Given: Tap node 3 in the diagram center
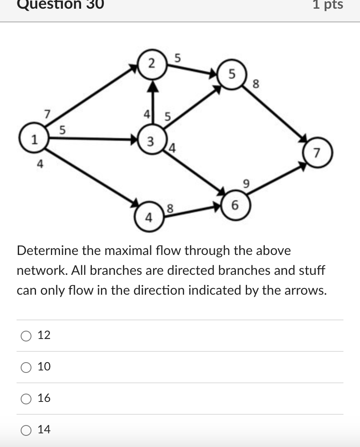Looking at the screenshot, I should click(152, 141).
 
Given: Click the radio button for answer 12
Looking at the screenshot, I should click(26, 336).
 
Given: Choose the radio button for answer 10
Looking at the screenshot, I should click(26, 367).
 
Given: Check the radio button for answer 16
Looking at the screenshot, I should click(26, 399).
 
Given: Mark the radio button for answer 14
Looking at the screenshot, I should click(26, 430).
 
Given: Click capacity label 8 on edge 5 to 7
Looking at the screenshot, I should click(256, 84).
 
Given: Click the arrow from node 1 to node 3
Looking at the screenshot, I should click(91, 139).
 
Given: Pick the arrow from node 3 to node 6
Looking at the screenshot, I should click(194, 170).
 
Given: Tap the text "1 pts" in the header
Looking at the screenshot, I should click(328, 5).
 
